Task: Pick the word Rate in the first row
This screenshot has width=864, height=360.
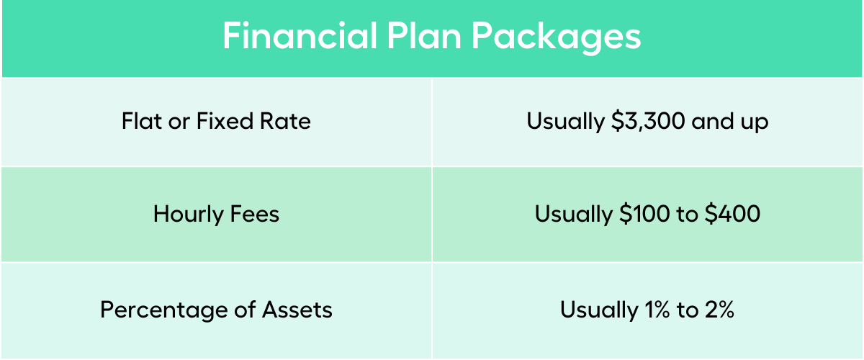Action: coord(288,121)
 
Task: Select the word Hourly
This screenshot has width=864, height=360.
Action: coord(187,215)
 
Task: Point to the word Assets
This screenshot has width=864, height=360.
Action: coord(296,310)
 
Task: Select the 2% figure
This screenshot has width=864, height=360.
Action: coord(717,310)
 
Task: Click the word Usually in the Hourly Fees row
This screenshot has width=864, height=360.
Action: coord(572,215)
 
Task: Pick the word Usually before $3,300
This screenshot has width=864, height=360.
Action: coord(564,122)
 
